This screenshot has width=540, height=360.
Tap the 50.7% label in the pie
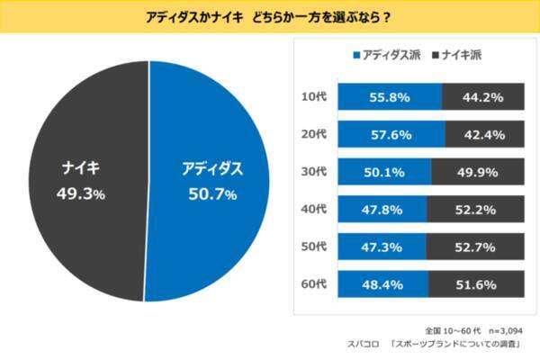[x=212, y=193]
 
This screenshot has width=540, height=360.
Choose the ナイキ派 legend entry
[x=459, y=56]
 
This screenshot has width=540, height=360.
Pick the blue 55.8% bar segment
[x=390, y=96]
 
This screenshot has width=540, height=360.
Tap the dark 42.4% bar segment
[x=483, y=134]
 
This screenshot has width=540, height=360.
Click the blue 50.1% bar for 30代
[x=384, y=171]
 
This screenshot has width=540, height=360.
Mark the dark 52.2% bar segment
[x=474, y=209]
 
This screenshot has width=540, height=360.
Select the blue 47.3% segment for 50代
[x=382, y=246]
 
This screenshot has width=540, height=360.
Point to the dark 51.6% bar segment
[x=475, y=283]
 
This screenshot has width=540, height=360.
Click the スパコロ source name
[x=364, y=345]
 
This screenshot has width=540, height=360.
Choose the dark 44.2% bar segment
[x=481, y=96]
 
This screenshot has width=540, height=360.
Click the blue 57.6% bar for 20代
[x=391, y=134]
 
